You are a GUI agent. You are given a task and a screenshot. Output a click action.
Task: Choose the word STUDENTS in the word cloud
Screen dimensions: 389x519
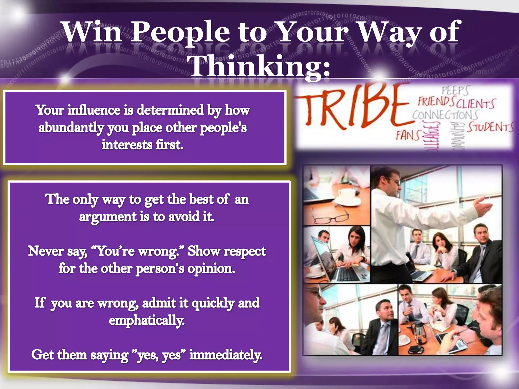tap(490, 127)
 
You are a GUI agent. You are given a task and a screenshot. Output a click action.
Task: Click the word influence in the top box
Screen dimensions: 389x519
tap(94, 110)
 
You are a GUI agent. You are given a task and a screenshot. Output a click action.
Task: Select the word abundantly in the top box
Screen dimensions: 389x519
tap(71, 127)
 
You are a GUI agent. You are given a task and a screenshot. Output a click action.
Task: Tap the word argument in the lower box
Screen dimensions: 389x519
tap(108, 217)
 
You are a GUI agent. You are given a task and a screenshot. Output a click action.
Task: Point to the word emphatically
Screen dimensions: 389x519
tap(146, 320)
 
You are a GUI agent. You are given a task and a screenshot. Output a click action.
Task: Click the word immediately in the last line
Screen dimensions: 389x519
tap(226, 355)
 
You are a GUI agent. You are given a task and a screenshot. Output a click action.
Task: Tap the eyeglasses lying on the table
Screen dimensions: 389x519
tap(329, 217)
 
